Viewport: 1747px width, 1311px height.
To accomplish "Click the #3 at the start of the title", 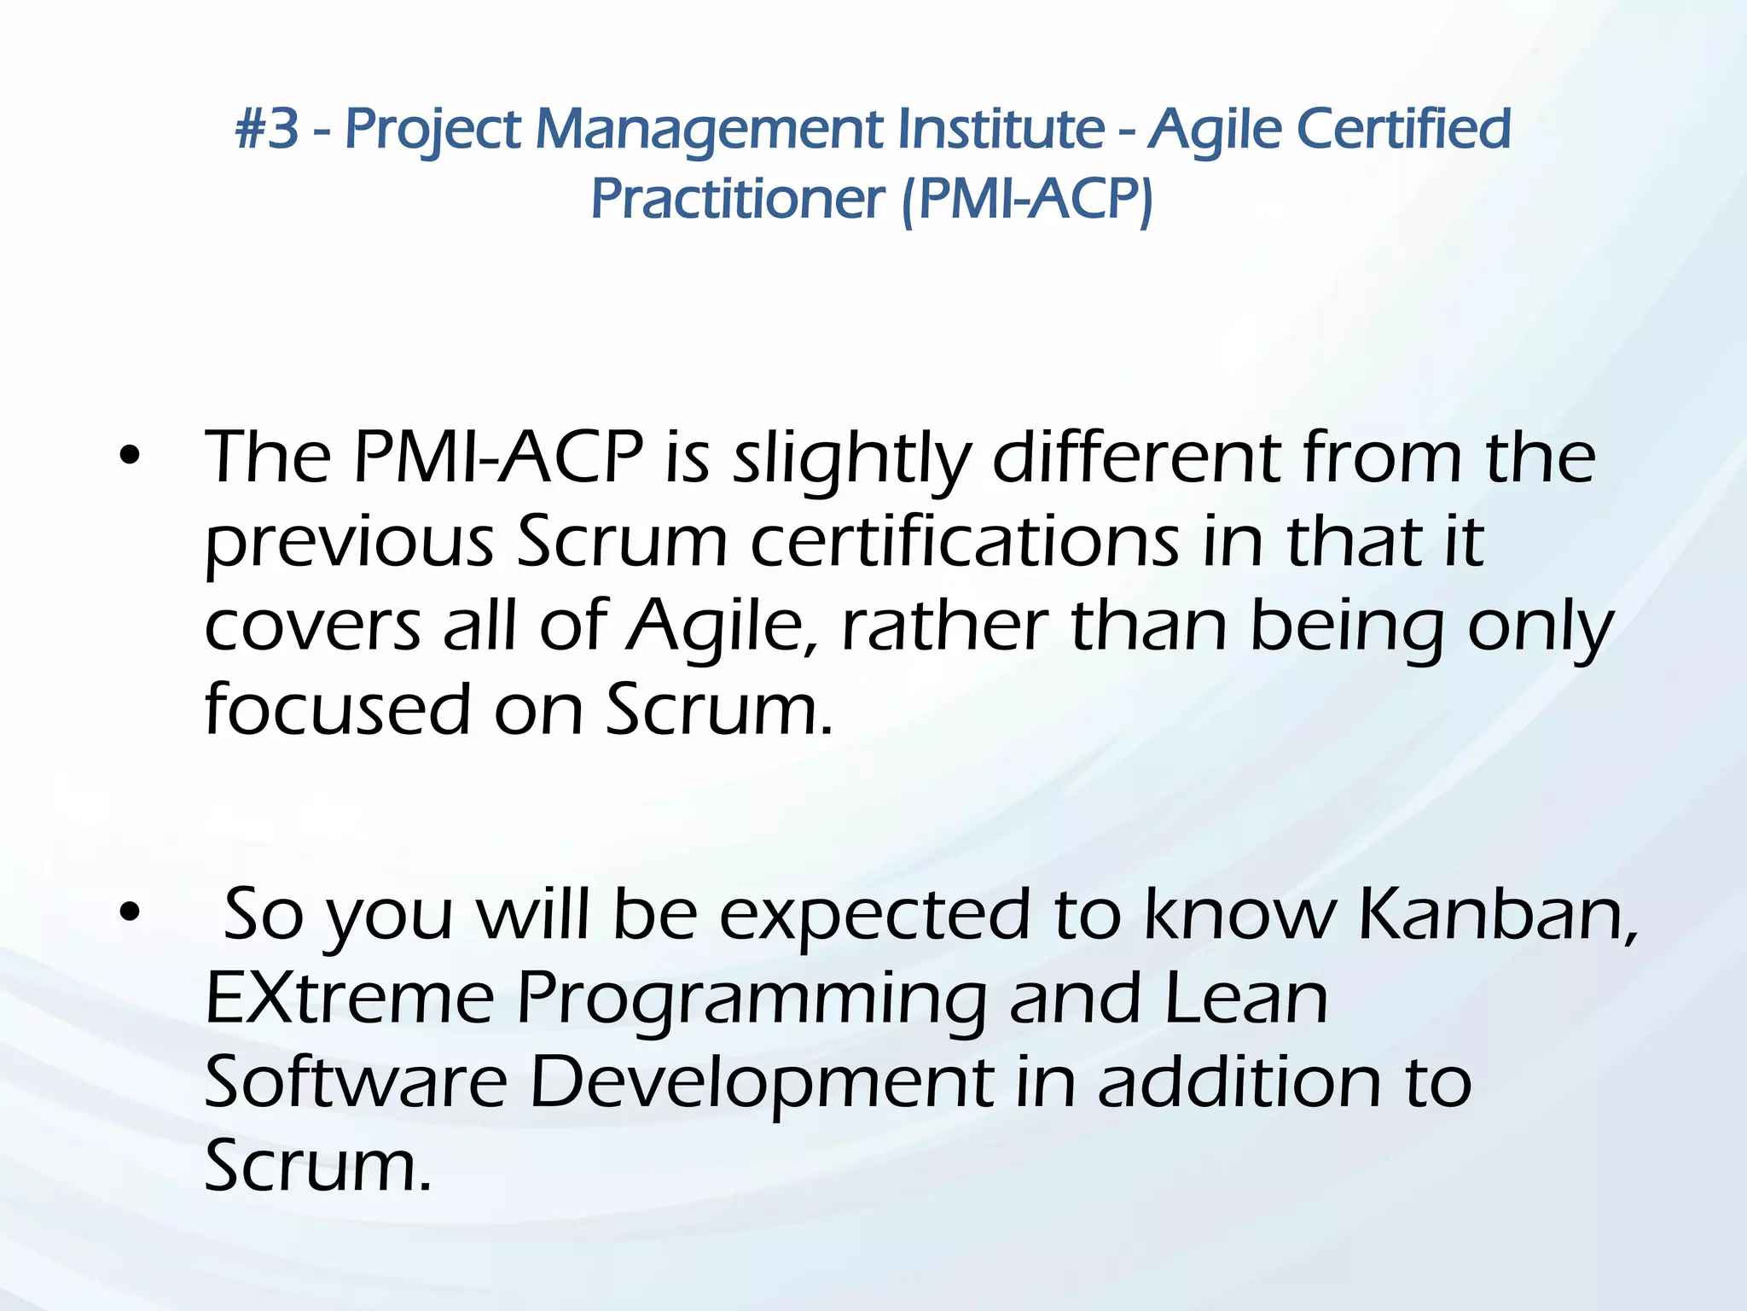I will pyautogui.click(x=267, y=129).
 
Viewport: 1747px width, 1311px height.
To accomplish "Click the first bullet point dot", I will pyautogui.click(x=129, y=457).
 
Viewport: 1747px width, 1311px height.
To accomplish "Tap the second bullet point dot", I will pyautogui.click(x=129, y=913).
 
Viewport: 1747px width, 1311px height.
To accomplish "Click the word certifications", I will pyautogui.click(x=964, y=541).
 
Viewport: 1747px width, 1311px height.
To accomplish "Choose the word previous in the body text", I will pyautogui.click(x=350, y=541).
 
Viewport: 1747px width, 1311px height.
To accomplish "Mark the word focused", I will pyautogui.click(x=338, y=708).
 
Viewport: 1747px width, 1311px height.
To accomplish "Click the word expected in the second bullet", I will pyautogui.click(x=874, y=913).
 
